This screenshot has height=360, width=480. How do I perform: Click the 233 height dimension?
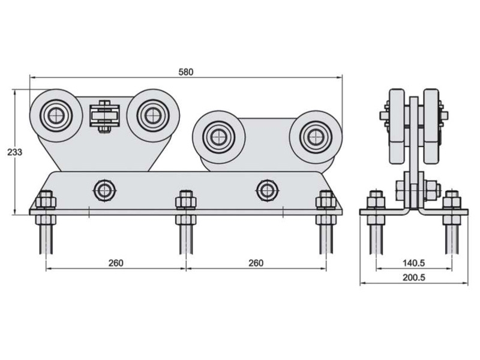click(15, 152)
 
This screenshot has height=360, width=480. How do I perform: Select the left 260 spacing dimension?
click(116, 263)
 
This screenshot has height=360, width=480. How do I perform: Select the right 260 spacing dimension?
click(256, 263)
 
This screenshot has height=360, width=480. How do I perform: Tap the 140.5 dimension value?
click(414, 263)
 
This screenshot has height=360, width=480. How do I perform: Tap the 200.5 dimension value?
click(414, 278)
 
